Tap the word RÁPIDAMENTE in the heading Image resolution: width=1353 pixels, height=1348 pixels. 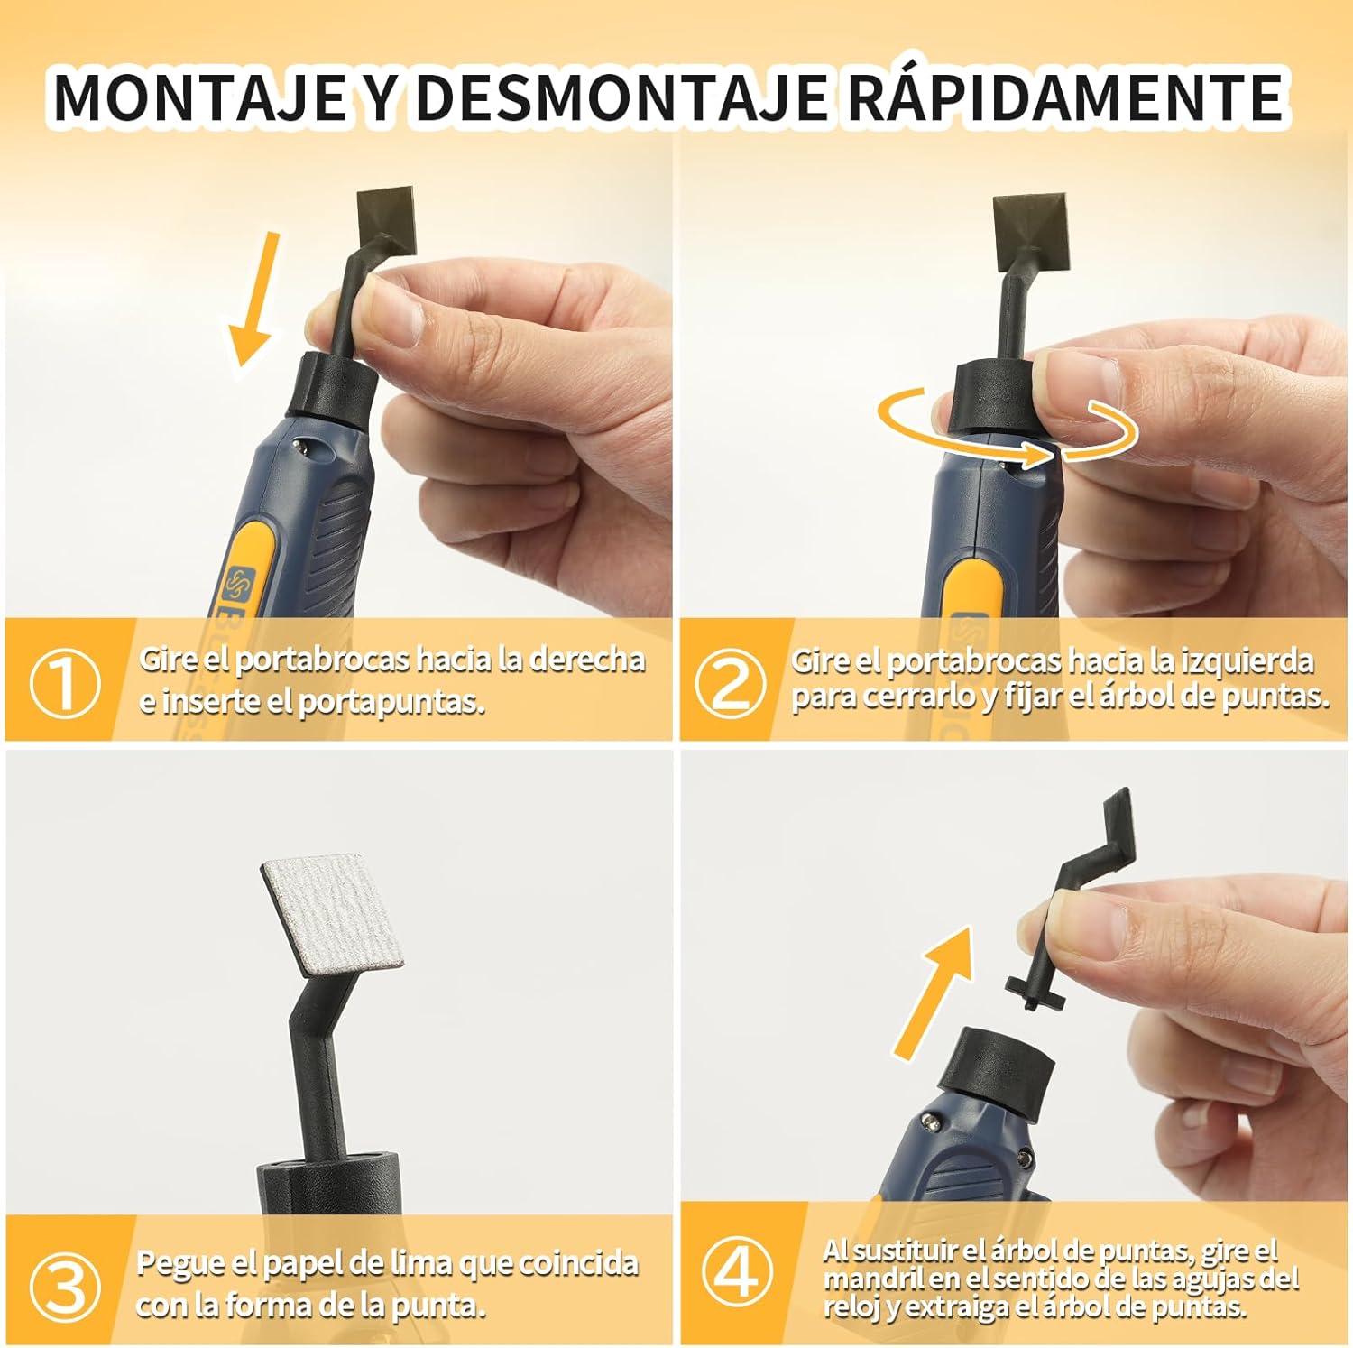[1064, 97]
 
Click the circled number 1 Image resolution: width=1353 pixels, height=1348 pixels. [64, 683]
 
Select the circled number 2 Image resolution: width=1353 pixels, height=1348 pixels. [731, 683]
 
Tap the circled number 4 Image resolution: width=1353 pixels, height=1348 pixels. [738, 1273]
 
